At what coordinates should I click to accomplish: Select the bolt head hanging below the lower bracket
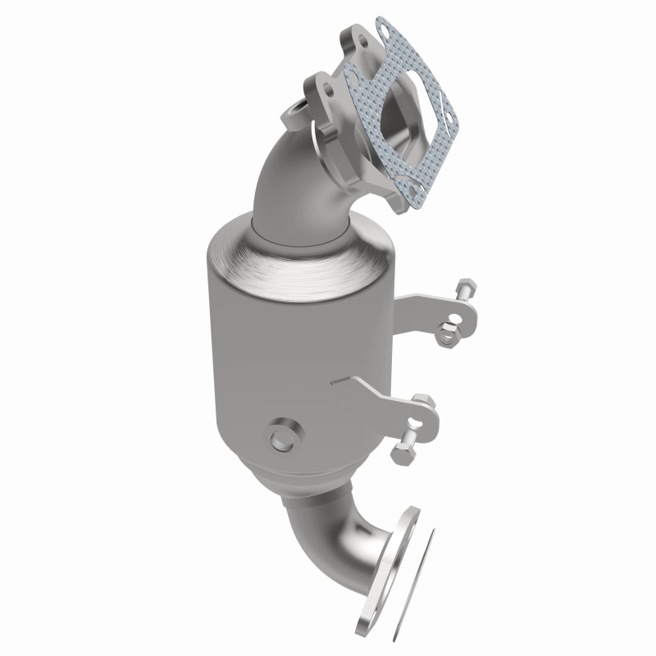(x=403, y=453)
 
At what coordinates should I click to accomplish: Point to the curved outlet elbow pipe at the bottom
(x=328, y=533)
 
